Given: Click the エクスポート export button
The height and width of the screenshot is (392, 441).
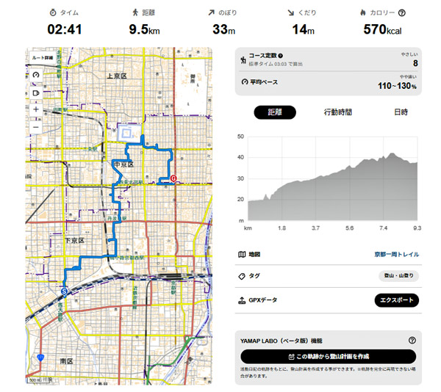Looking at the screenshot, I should pyautogui.click(x=396, y=300).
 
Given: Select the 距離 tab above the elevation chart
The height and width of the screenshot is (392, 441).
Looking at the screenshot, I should pyautogui.click(x=275, y=112).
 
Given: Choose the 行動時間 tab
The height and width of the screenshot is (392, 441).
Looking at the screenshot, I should pyautogui.click(x=337, y=112).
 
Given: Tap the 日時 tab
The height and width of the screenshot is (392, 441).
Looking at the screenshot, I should pyautogui.click(x=401, y=112).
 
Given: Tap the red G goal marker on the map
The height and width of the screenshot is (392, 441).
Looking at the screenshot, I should pyautogui.click(x=173, y=178).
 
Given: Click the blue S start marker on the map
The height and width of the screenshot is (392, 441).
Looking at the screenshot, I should pyautogui.click(x=65, y=291).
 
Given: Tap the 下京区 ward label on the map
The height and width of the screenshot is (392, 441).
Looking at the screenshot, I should pyautogui.click(x=75, y=240).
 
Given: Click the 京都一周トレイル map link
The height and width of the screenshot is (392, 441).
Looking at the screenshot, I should pyautogui.click(x=396, y=254).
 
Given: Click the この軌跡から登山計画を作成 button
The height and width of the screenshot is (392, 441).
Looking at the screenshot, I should pyautogui.click(x=328, y=356).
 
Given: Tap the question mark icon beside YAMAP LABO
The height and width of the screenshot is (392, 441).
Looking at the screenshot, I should pyautogui.click(x=412, y=341).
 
